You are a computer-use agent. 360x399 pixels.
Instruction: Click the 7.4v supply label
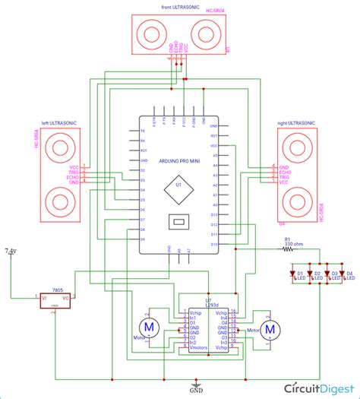[11, 250]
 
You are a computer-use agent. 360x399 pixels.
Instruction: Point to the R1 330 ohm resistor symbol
[288, 249]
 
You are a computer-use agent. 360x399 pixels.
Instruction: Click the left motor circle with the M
[150, 327]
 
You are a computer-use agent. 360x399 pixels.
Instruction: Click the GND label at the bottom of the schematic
[196, 389]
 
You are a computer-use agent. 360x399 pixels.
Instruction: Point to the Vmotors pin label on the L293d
[197, 347]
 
